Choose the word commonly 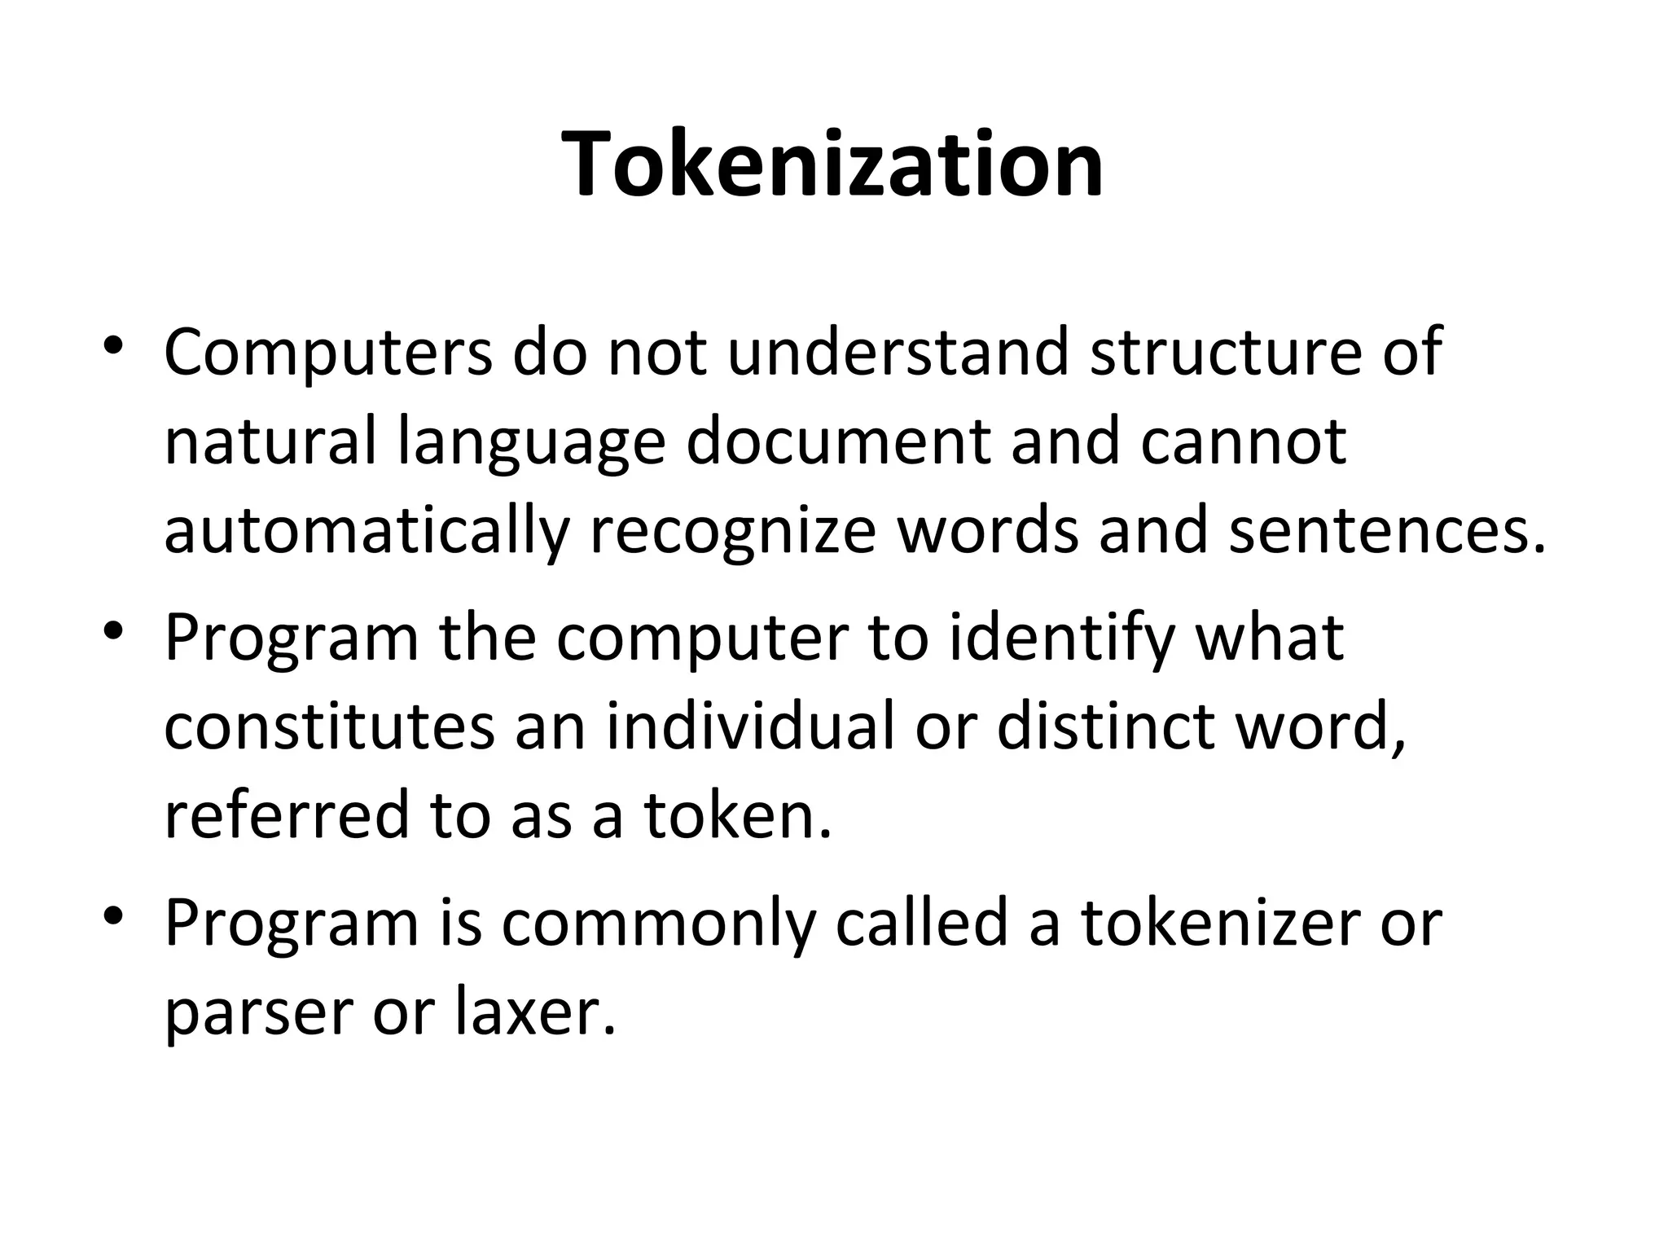pos(658,924)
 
